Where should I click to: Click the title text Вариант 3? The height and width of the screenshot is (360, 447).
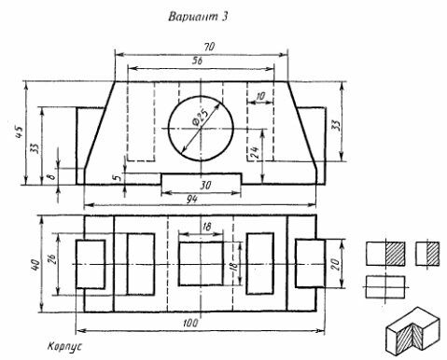[198, 16]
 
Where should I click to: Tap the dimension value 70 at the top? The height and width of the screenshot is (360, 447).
[209, 47]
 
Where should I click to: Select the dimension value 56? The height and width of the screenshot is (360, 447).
[197, 61]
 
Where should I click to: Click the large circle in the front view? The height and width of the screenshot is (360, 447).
[168, 128]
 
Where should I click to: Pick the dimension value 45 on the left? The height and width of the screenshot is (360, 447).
[19, 132]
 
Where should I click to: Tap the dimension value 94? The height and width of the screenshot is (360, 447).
[192, 200]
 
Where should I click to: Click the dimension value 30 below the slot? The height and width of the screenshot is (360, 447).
[205, 186]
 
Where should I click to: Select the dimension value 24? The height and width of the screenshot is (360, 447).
[256, 153]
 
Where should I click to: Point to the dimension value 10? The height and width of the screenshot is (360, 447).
[259, 96]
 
